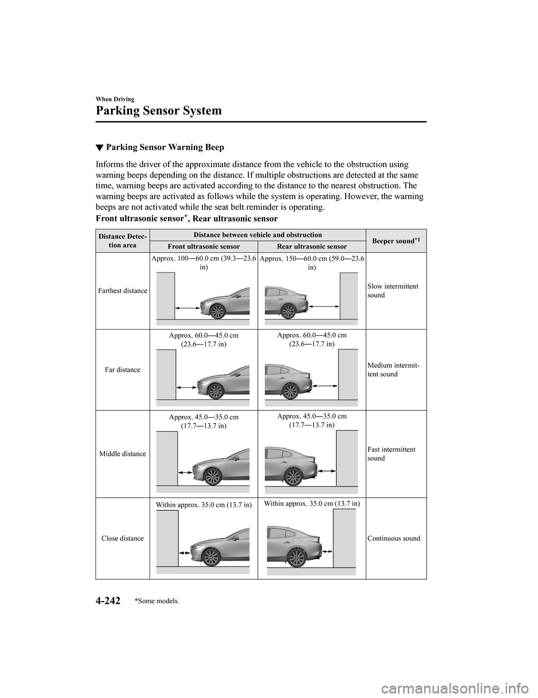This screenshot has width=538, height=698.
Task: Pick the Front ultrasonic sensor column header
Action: (203, 247)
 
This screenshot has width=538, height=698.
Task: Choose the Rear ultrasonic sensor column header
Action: (312, 247)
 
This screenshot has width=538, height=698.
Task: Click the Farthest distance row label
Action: (122, 291)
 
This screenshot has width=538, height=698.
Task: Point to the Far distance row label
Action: (122, 370)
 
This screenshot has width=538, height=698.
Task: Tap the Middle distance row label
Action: (122, 454)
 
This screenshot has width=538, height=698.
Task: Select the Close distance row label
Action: (122, 538)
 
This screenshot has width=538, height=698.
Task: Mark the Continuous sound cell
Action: (394, 538)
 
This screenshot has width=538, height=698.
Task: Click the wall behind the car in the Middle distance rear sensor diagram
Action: (346, 457)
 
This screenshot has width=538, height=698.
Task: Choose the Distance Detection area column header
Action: (122, 241)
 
